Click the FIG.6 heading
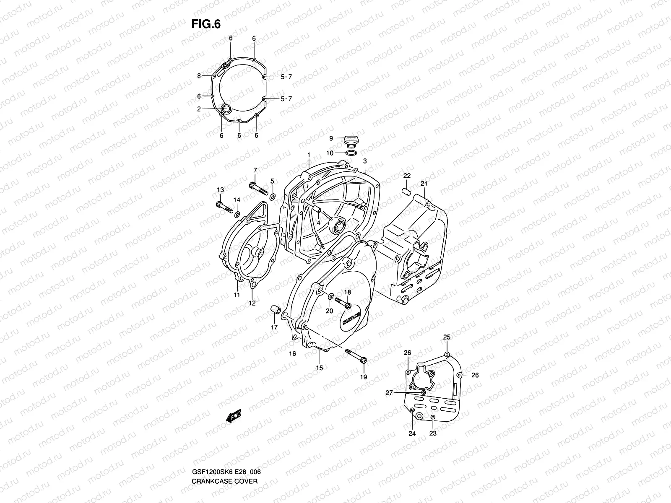(206, 25)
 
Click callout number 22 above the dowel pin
(407, 176)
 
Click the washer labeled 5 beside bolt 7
(273, 196)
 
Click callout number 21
(424, 184)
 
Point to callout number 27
(389, 393)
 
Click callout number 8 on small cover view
(211, 76)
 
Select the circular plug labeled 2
(226, 110)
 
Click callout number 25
(447, 337)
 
